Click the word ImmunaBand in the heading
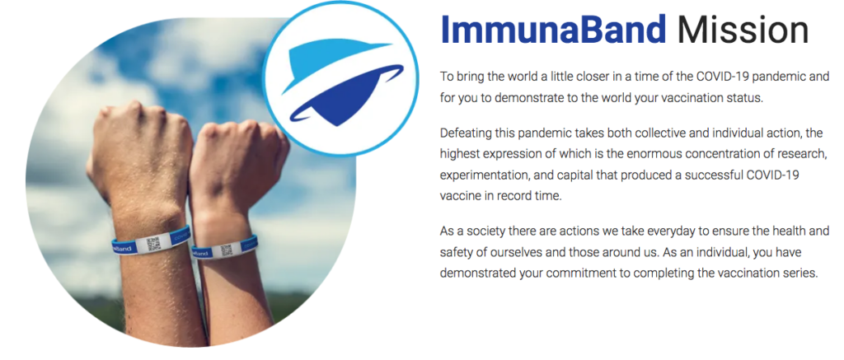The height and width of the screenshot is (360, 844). pos(553,30)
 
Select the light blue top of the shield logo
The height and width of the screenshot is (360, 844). pos(328,63)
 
